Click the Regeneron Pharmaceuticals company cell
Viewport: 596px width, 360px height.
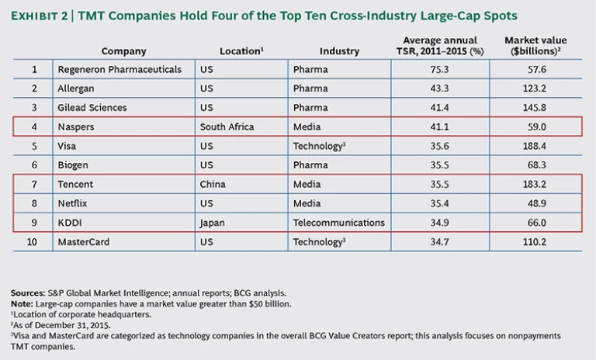[x=120, y=70]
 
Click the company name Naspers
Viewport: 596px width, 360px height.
[x=76, y=126]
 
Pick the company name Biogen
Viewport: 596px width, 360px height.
[x=74, y=164]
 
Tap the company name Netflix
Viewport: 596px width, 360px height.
[x=74, y=202]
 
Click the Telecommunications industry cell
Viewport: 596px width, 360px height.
[x=338, y=222]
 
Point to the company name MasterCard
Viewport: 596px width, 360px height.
[x=84, y=241]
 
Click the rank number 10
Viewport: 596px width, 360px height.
[x=33, y=241]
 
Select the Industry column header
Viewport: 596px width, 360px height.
[x=338, y=51]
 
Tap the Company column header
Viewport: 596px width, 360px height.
[x=123, y=51]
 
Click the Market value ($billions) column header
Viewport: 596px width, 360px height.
[x=535, y=45]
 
